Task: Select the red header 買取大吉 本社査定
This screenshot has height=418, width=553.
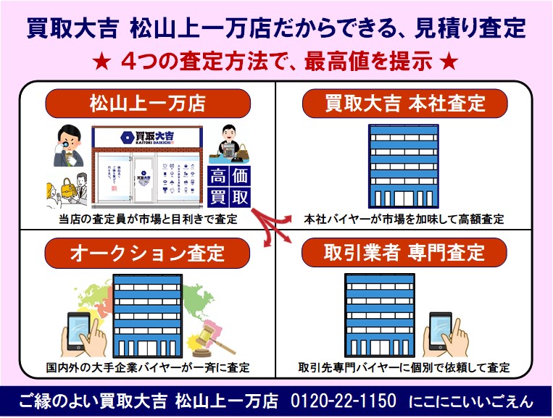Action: pos(404,103)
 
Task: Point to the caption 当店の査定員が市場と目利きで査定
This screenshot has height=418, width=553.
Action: pos(148,219)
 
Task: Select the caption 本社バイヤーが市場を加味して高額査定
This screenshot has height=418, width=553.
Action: pos(404,219)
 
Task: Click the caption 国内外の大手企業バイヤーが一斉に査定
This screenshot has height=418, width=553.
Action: pos(148,367)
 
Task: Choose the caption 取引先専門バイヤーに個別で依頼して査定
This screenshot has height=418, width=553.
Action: pos(404,367)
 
